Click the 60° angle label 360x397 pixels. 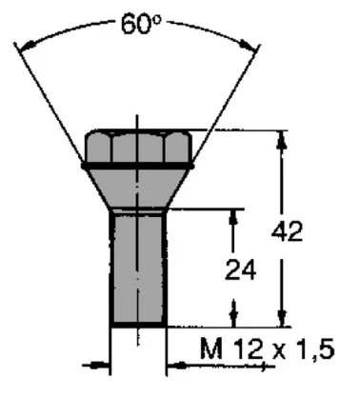tap(141, 24)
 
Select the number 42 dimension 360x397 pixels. tap(287, 231)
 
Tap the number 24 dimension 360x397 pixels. tap(240, 270)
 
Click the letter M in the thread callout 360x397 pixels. tap(212, 348)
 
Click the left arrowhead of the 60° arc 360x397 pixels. tap(27, 46)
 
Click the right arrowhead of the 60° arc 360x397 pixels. tap(248, 45)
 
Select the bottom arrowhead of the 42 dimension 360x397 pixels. tap(282, 318)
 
